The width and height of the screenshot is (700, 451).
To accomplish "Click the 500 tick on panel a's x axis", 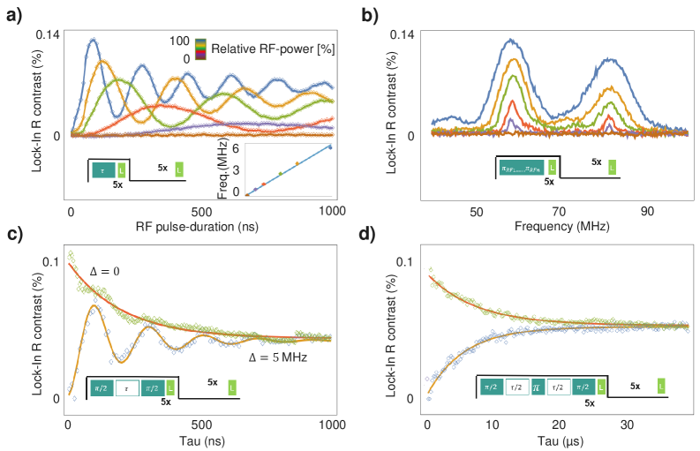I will pos(202,213).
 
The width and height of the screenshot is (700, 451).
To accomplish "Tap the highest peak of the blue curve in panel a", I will pos(92,40).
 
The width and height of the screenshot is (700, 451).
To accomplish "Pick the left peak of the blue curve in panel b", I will pos(510,40).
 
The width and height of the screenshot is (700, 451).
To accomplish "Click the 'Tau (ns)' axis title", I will pos(201,439).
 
